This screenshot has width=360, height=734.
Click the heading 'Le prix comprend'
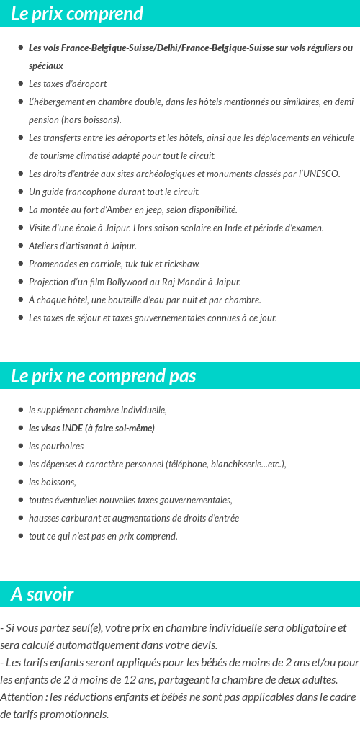point(77,14)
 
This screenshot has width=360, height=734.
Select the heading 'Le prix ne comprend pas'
point(103,376)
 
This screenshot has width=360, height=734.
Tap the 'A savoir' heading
point(42,594)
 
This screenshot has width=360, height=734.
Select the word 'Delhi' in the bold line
point(167,48)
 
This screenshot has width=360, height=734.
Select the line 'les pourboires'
point(56,446)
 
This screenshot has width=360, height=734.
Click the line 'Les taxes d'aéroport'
point(68,84)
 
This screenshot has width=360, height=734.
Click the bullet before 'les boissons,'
point(21,482)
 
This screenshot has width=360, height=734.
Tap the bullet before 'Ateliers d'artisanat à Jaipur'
point(21,246)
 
